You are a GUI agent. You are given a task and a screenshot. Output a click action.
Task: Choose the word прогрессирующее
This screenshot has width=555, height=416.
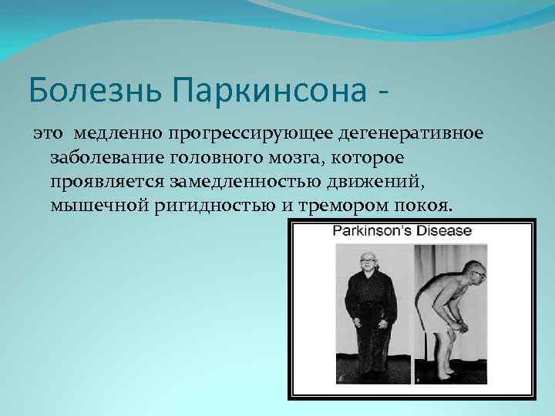coord(235,134)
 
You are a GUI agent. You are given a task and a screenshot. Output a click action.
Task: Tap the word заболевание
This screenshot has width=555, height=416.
coord(102,159)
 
